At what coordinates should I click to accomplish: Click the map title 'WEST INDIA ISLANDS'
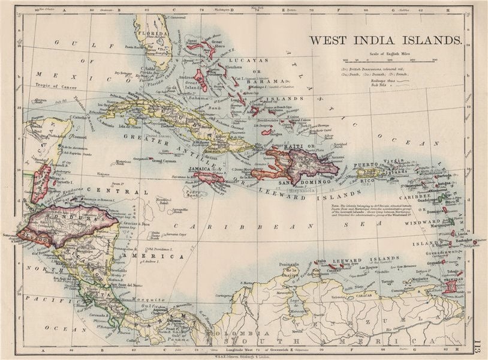click(385, 41)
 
